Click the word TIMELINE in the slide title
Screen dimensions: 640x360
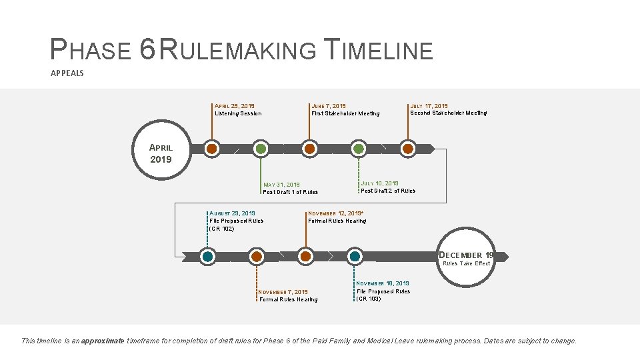click(378, 50)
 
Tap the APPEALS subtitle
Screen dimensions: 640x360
click(67, 73)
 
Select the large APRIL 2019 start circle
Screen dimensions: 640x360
click(161, 153)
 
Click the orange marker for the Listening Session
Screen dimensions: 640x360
click(212, 149)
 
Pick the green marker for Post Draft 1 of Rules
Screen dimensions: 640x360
click(261, 149)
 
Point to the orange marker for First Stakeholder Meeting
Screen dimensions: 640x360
click(309, 149)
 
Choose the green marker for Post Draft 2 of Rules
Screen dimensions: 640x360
click(359, 149)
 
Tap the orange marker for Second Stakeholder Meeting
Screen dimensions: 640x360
click(408, 149)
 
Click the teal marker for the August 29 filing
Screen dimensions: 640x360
click(208, 256)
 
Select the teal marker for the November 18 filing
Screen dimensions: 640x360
click(355, 256)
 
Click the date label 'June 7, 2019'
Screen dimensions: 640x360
click(329, 106)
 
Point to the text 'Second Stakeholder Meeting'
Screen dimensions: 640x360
click(448, 113)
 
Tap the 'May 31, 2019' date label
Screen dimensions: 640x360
click(281, 185)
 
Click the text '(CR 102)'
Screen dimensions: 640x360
click(222, 229)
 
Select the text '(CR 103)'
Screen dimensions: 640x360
click(369, 299)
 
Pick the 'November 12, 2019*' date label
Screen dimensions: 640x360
click(335, 213)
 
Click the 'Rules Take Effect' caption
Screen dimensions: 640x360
click(467, 263)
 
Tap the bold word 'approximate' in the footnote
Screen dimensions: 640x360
click(102, 341)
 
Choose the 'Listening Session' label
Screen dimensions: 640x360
click(238, 113)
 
